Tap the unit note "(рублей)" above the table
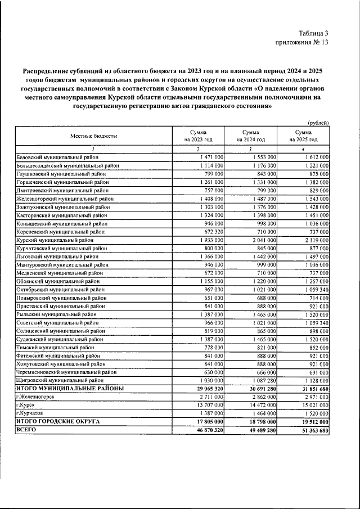[318, 123]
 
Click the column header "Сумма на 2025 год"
[303, 136]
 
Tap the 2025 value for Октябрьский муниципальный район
[316, 290]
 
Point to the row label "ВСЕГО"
[26, 429]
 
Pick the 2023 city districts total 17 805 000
[205, 421]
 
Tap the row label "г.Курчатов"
[30, 413]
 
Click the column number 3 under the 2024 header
[250, 149]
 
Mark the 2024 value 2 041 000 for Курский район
[263, 239]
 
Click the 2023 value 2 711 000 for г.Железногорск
[210, 397]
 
